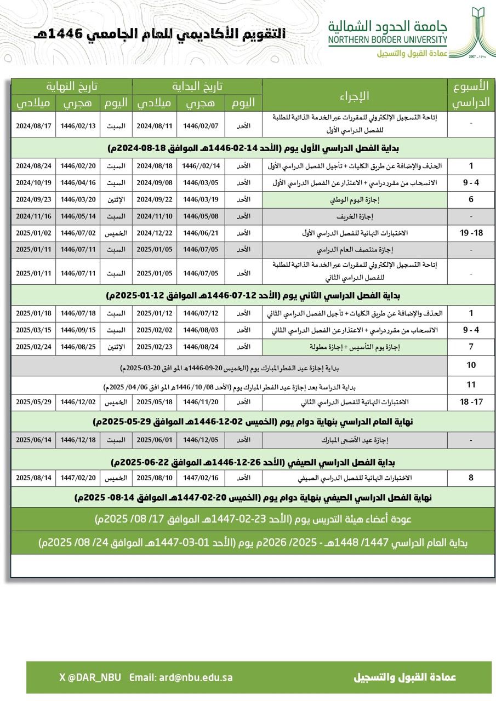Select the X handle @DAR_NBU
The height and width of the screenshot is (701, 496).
[x=90, y=677]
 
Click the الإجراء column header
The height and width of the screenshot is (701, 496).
[x=355, y=95]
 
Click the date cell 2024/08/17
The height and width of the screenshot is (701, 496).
[x=33, y=126]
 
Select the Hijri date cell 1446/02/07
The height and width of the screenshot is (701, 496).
[x=201, y=126]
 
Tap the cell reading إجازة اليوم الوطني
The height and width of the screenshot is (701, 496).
[x=355, y=199]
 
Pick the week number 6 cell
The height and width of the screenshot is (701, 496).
[x=470, y=199]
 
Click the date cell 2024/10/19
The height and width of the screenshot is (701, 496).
[x=33, y=182]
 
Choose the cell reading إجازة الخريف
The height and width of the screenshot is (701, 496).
[x=355, y=216]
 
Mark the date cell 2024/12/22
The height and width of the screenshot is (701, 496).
[x=154, y=233]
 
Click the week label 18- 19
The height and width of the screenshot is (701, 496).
[x=470, y=233]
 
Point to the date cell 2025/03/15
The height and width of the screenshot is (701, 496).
[x=33, y=330]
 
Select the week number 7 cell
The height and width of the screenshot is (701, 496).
[x=470, y=347]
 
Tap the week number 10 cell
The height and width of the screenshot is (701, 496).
[x=470, y=365]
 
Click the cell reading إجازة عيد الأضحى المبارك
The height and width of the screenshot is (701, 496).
[x=355, y=440]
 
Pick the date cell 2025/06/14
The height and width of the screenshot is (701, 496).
[x=33, y=440]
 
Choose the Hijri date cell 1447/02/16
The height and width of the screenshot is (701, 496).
[x=201, y=478]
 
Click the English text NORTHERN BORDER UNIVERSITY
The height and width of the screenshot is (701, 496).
[x=388, y=40]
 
